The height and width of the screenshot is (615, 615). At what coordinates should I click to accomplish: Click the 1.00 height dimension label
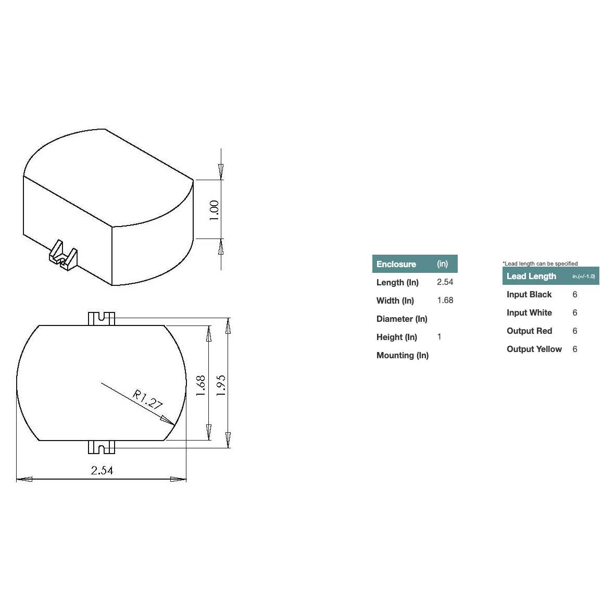point(214,210)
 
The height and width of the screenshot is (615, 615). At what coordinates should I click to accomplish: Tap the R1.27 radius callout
point(147,399)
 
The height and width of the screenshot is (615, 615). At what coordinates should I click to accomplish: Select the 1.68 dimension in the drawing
point(201,386)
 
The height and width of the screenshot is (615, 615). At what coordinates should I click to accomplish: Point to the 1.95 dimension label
point(221,385)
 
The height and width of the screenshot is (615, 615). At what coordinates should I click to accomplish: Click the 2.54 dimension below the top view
point(102,470)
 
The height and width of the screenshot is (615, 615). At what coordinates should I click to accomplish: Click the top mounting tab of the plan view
point(101,318)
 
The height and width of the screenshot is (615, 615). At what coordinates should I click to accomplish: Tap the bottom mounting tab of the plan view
point(101,447)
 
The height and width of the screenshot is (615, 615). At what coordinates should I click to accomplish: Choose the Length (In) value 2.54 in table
point(445,282)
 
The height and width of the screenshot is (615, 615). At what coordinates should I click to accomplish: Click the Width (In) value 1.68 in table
point(445,300)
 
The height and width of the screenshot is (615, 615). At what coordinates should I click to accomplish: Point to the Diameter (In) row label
point(401,319)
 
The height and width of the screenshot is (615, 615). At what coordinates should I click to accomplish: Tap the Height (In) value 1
point(439,337)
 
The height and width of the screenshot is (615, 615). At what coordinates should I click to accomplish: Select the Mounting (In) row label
point(402,355)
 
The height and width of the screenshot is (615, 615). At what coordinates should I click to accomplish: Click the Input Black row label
point(529,294)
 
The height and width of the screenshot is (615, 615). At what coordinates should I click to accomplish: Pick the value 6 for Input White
point(574,312)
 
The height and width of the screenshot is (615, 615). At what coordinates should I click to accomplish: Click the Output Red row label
point(529,331)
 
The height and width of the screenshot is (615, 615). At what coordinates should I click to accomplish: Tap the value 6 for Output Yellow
point(574,349)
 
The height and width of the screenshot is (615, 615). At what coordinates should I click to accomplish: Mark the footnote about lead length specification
point(540,263)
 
